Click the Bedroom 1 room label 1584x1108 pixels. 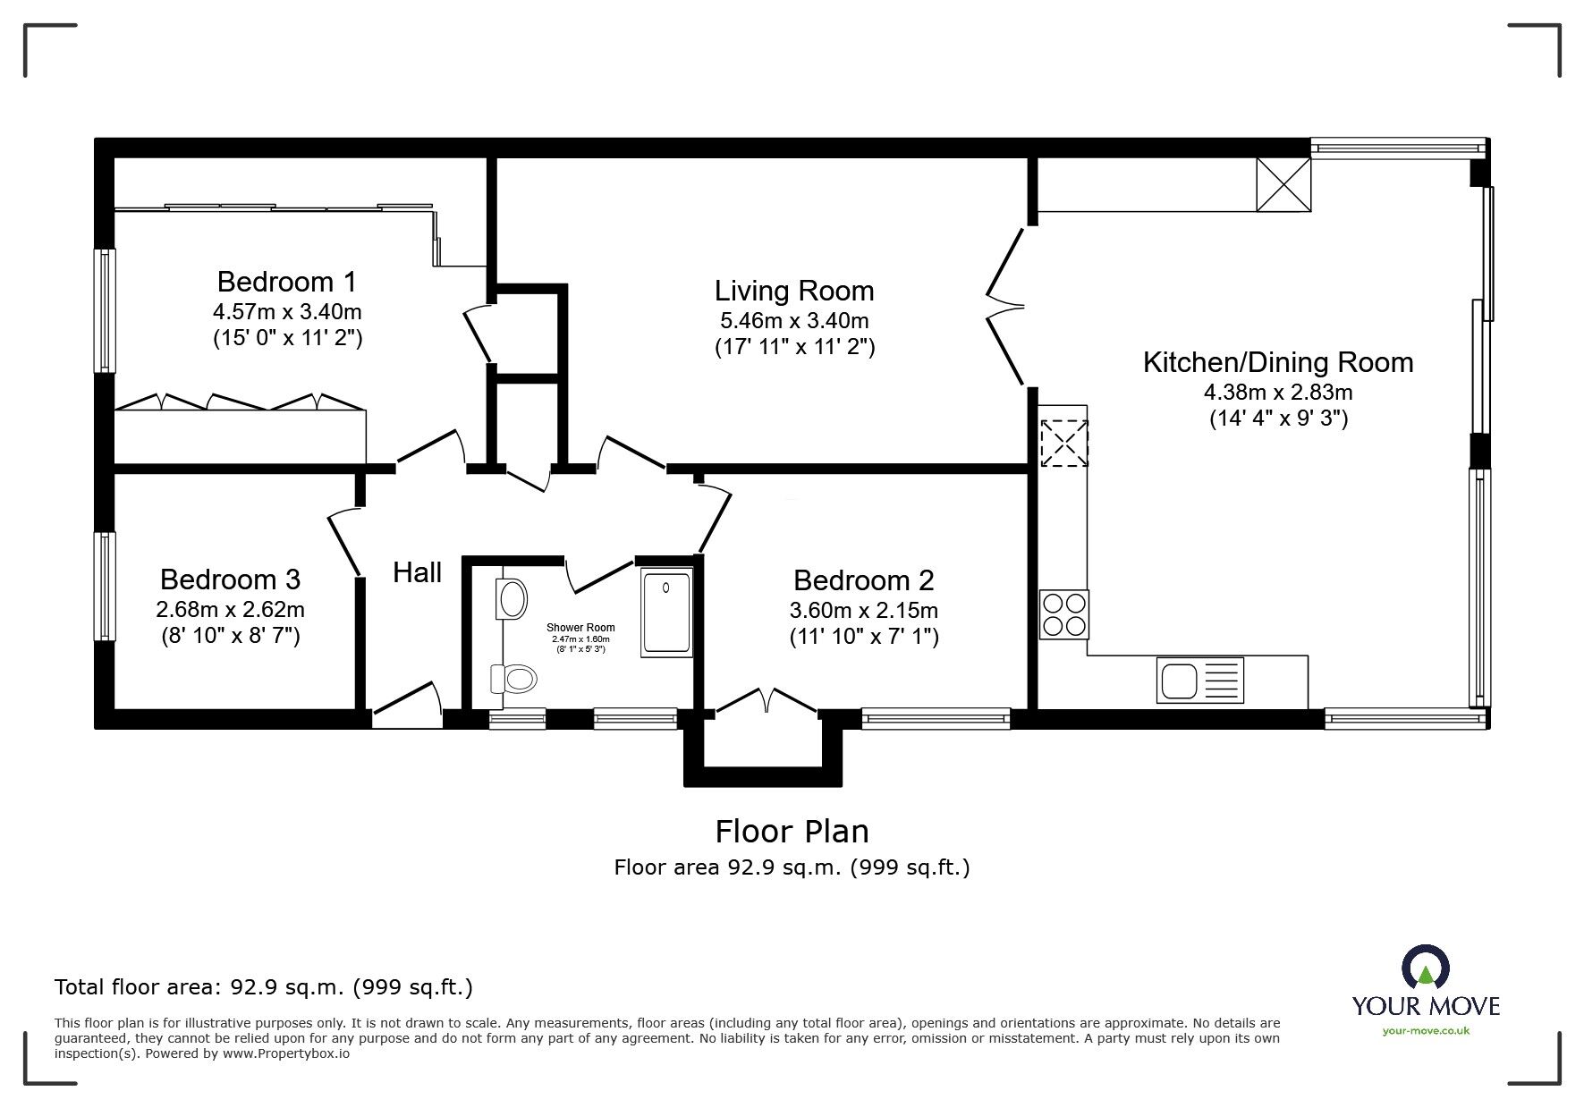click(x=287, y=282)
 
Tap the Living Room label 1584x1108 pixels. click(x=794, y=291)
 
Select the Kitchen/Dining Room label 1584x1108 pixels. click(x=1278, y=362)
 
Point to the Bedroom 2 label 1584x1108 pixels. click(x=864, y=580)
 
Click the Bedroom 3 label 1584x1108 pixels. click(x=231, y=579)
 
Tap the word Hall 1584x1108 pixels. click(x=418, y=572)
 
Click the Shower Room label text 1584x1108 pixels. click(x=581, y=628)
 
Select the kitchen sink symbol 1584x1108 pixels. click(x=1200, y=680)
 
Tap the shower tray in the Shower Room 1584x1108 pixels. click(x=666, y=613)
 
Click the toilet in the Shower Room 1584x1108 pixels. click(x=512, y=679)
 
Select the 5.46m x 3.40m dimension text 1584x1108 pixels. click(x=794, y=320)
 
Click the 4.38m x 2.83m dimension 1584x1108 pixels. click(x=1278, y=392)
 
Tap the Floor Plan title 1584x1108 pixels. click(x=792, y=832)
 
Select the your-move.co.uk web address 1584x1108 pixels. click(x=1426, y=1031)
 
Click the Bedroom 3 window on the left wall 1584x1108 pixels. click(x=106, y=587)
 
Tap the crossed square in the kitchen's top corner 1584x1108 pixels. click(x=1283, y=184)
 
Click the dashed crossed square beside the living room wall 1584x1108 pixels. click(x=1063, y=444)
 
